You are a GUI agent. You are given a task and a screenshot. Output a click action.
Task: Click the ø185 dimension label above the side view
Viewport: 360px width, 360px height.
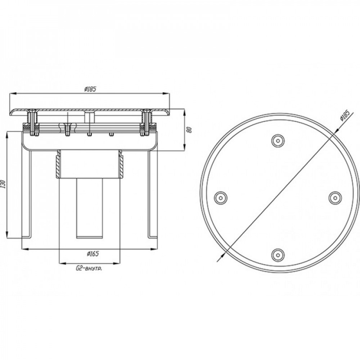[89, 89]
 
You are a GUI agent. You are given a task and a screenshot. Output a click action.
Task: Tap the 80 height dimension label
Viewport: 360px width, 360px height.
[189, 130]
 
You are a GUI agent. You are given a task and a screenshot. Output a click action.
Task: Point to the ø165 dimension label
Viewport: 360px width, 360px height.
[93, 253]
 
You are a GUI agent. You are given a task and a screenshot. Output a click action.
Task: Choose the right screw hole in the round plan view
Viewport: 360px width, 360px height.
[334, 197]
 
